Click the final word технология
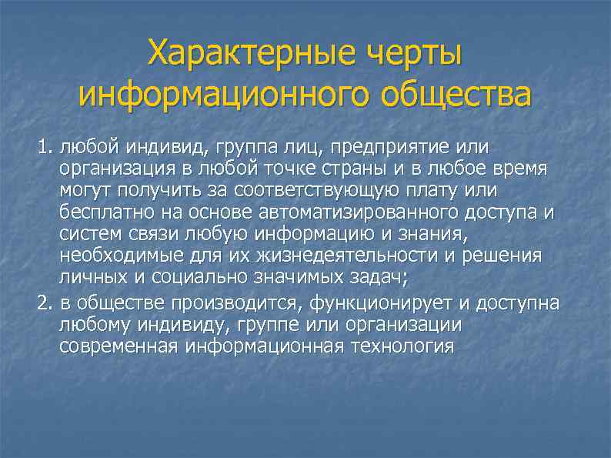tap(402, 346)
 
